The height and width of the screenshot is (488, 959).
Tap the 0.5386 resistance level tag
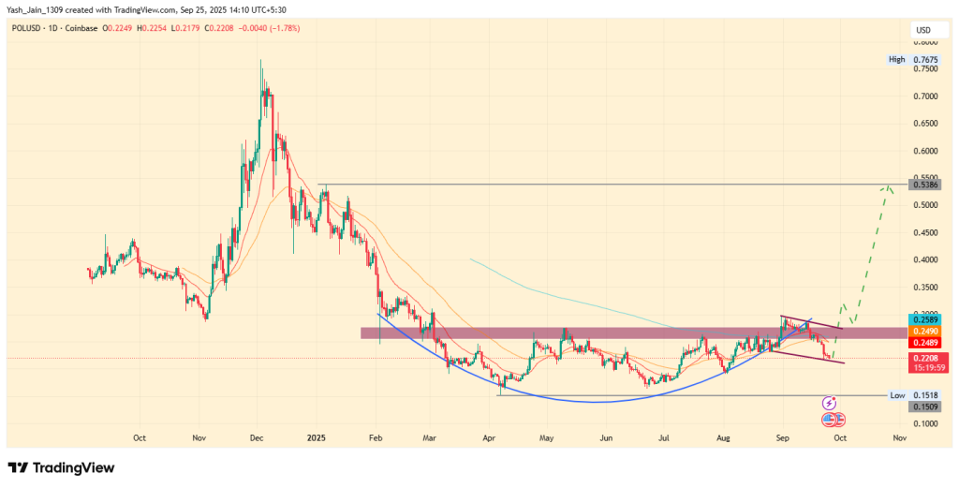pyautogui.click(x=923, y=185)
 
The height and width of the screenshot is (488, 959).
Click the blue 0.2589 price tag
pyautogui.click(x=923, y=320)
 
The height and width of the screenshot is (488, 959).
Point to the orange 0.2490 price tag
pyautogui.click(x=923, y=332)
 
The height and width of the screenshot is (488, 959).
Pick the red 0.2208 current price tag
pyautogui.click(x=923, y=358)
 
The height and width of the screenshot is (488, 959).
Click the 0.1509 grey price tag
pyautogui.click(x=923, y=407)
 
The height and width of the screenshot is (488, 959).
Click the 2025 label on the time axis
pyautogui.click(x=317, y=436)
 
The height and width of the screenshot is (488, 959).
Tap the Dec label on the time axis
pyautogui.click(x=258, y=436)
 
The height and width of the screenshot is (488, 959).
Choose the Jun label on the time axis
pyautogui.click(x=606, y=436)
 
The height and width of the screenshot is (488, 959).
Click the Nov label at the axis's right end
pyautogui.click(x=899, y=436)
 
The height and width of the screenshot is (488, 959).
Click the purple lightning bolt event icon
pyautogui.click(x=829, y=403)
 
